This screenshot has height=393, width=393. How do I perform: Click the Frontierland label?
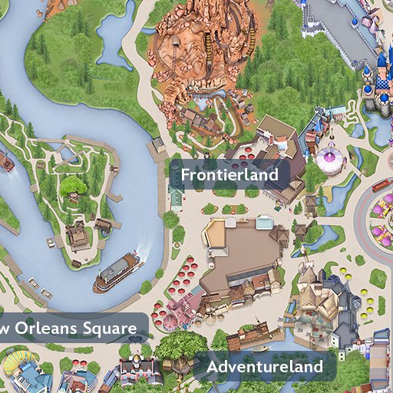tap(229, 175)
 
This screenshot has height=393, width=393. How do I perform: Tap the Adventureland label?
tap(264, 367)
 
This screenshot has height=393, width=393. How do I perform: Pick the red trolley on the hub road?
tap(381, 185)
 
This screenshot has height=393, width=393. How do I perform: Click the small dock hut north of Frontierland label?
tap(159, 145)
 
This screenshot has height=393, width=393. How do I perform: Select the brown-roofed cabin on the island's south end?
tap(78, 236)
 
